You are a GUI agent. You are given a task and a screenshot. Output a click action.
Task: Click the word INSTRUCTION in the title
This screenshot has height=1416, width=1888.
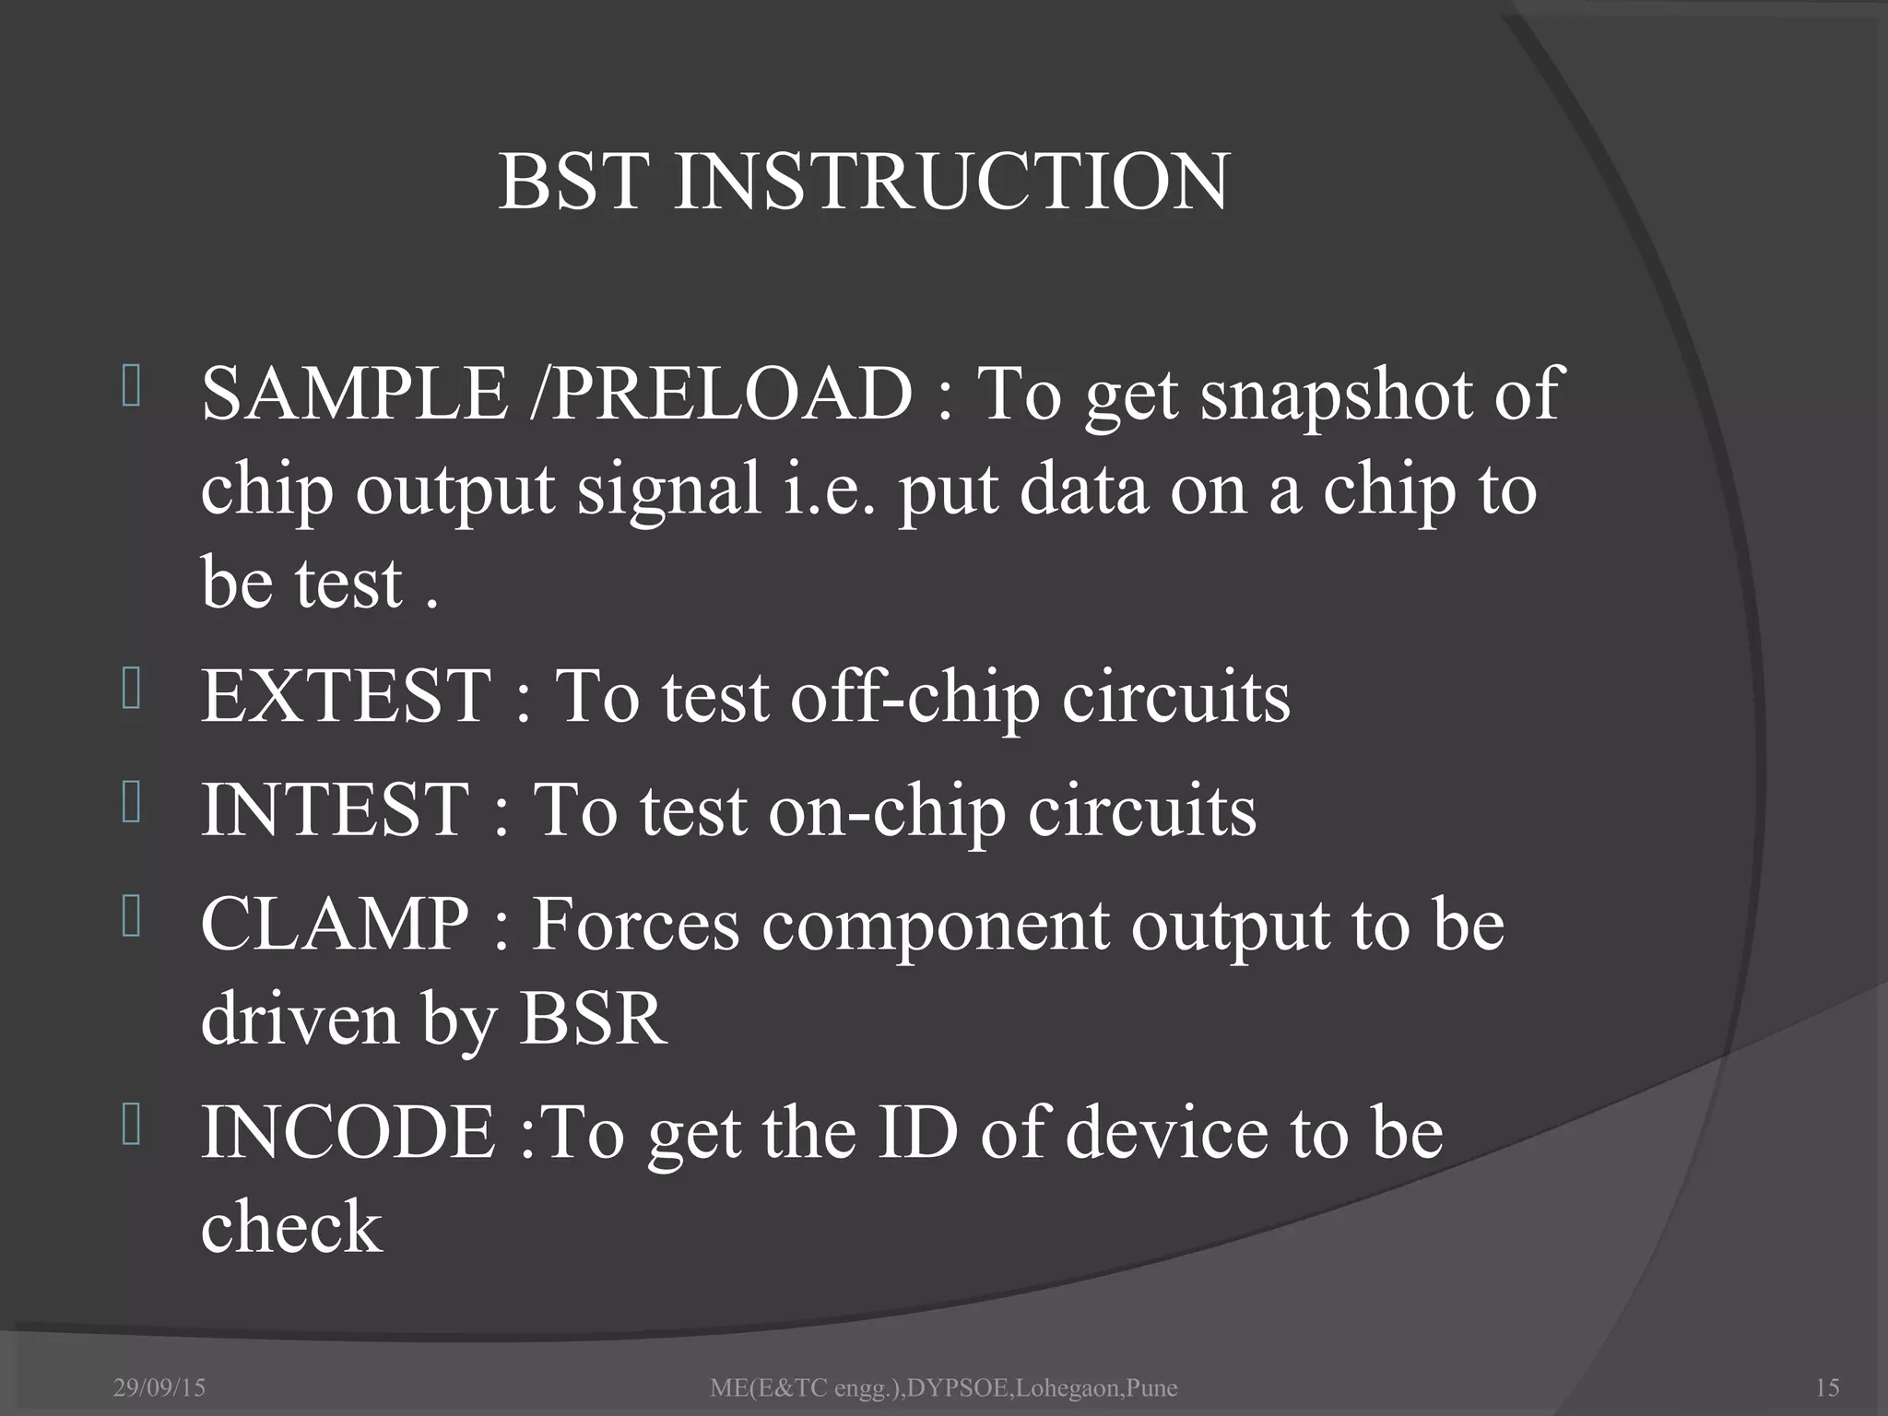point(951,181)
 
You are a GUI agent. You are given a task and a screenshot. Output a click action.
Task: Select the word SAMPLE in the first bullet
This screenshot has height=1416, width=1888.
point(355,395)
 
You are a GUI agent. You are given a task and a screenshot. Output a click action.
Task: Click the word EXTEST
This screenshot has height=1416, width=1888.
point(347,696)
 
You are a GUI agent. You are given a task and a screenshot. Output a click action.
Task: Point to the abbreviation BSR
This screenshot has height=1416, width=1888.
point(593,1020)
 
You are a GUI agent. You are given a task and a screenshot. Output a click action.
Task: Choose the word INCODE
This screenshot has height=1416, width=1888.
point(349,1133)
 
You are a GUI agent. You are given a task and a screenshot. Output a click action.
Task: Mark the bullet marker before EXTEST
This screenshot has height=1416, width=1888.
point(131,690)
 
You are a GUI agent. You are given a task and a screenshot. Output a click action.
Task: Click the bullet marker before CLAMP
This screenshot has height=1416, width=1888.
point(131,919)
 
